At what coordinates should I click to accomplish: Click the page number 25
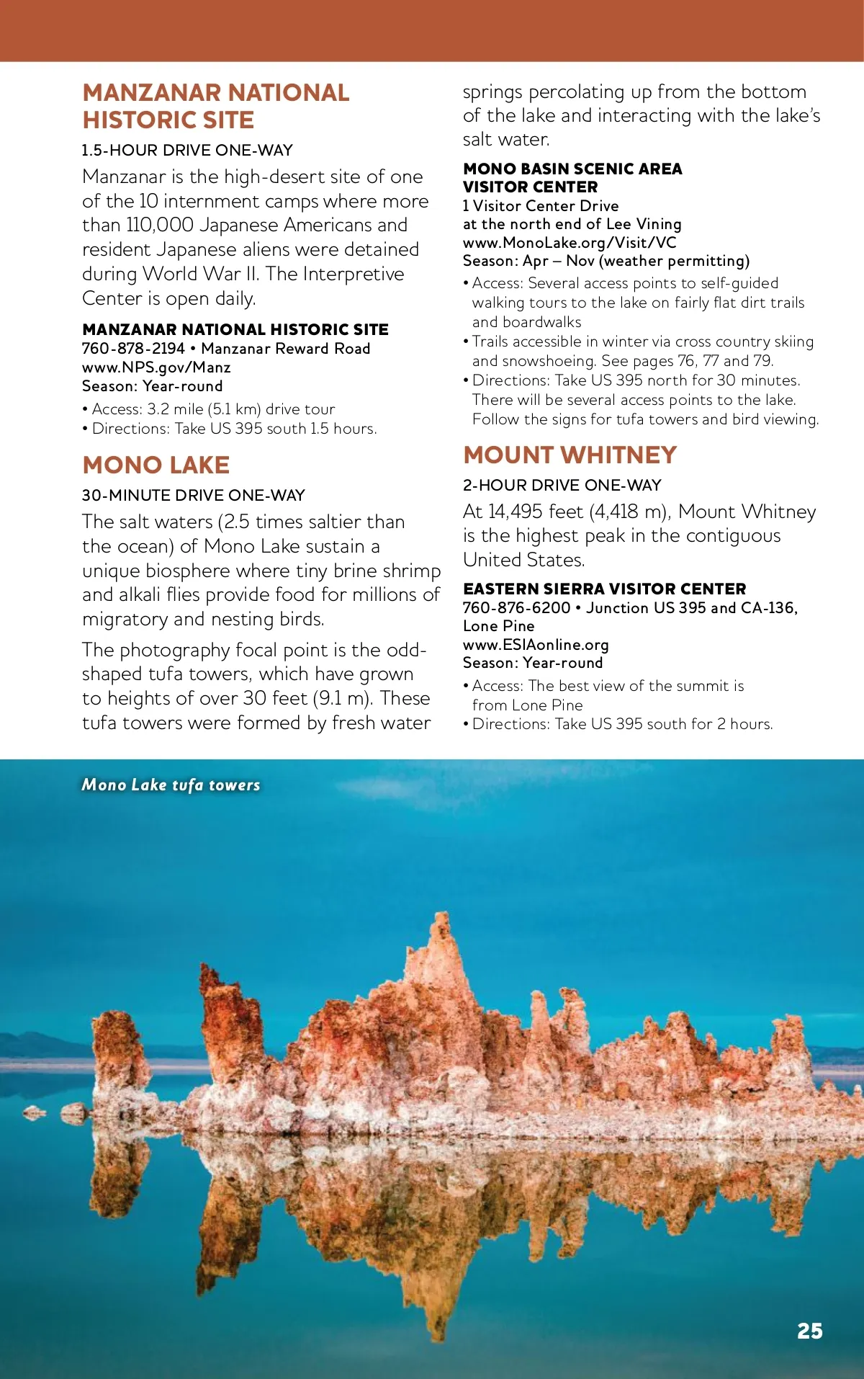[809, 1331]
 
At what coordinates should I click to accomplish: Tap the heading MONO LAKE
[156, 465]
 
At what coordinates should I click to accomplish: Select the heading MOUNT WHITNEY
[570, 455]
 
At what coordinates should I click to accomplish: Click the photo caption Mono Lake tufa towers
[171, 785]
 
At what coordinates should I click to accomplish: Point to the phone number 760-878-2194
[133, 349]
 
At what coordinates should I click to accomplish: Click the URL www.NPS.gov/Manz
[156, 367]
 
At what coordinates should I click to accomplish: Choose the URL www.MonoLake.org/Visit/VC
[570, 243]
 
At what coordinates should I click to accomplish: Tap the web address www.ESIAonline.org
[536, 645]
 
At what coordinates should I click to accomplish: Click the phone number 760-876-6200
[516, 608]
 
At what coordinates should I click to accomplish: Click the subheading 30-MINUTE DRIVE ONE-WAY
[193, 496]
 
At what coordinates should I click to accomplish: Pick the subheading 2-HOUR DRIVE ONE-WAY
[562, 486]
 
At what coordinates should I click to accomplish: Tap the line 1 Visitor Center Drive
[540, 206]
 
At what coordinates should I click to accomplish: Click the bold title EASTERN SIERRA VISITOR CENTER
[604, 589]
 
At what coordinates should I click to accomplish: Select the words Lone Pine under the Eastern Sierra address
[498, 626]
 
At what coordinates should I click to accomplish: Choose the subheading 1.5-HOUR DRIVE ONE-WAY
[187, 151]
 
